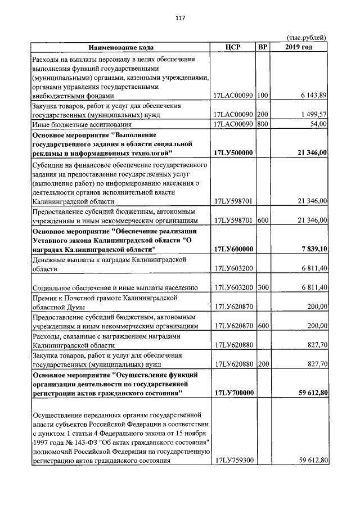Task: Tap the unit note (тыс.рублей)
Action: (x=307, y=38)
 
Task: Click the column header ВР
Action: (x=263, y=47)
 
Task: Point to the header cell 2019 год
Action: (x=299, y=47)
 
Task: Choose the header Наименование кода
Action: (x=120, y=47)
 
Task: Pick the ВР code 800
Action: (x=262, y=124)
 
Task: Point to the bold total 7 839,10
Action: (x=314, y=249)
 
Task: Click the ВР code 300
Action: (x=262, y=287)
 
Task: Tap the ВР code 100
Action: (x=262, y=96)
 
